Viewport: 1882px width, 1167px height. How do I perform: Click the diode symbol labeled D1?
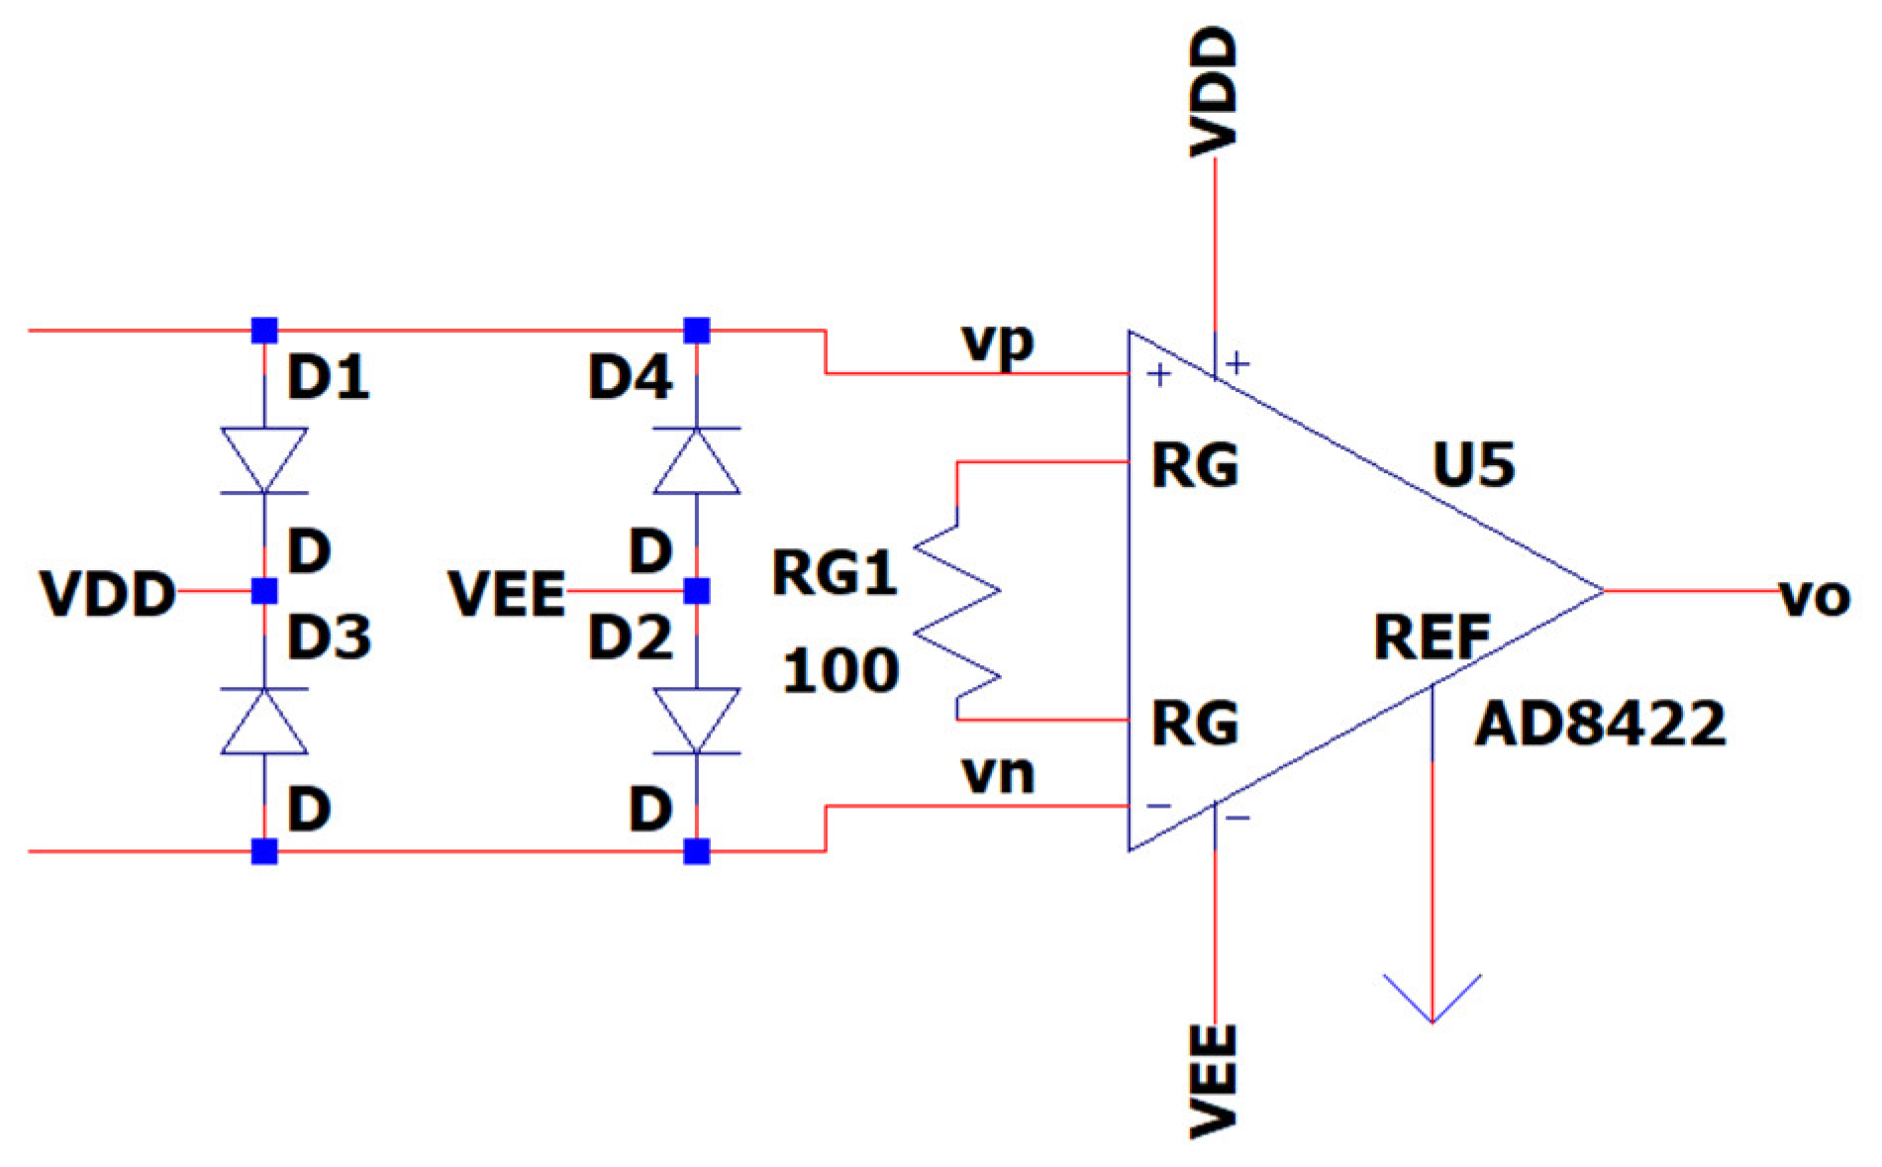click(263, 460)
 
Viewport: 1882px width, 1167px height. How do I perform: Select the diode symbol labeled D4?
click(697, 460)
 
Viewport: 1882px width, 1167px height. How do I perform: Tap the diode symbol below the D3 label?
click(263, 722)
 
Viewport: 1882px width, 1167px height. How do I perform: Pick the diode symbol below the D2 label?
click(697, 722)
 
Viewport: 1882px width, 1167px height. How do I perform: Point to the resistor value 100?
click(842, 671)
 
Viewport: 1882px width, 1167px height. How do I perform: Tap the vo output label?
click(1815, 597)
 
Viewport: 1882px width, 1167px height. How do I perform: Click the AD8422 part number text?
click(1600, 726)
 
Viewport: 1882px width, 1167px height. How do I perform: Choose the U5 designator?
click(1473, 464)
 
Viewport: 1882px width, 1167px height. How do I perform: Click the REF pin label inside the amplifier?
click(1432, 638)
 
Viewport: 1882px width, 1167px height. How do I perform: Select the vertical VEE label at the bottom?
click(1214, 1078)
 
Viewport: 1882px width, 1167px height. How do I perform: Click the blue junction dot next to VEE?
click(697, 592)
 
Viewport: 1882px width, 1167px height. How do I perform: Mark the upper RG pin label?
click(1195, 464)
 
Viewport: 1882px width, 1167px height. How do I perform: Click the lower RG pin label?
click(1195, 724)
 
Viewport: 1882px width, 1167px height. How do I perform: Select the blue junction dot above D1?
click(263, 330)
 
